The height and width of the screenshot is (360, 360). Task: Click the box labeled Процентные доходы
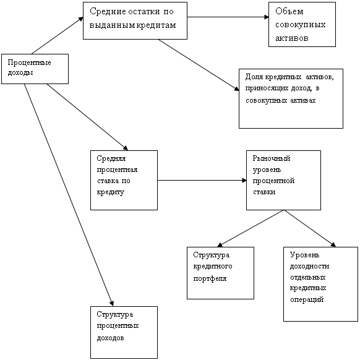[x=35, y=69]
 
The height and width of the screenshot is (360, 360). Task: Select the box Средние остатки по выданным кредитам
[x=135, y=20]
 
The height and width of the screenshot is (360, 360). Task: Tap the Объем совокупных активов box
[x=302, y=24]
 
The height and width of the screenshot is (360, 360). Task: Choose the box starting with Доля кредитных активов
[x=291, y=98]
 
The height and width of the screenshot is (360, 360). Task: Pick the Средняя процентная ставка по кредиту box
[x=124, y=180]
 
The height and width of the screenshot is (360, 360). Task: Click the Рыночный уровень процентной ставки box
[x=283, y=180]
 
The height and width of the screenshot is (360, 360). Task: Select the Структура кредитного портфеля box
[x=220, y=273]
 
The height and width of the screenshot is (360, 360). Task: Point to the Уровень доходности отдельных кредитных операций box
[x=321, y=284]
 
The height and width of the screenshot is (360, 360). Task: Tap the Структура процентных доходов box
[x=124, y=332]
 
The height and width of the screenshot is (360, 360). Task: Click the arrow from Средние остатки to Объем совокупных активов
[x=228, y=17]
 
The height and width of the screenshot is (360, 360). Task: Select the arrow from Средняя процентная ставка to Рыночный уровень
[x=202, y=180]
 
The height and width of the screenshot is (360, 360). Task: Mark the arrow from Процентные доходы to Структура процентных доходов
[x=69, y=195]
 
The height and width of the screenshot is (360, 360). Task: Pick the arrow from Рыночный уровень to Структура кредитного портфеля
[x=251, y=228]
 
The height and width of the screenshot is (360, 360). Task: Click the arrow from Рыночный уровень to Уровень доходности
[x=310, y=228]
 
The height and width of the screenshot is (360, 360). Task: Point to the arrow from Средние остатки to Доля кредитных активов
[x=199, y=65]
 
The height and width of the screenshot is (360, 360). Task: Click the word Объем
[x=289, y=11]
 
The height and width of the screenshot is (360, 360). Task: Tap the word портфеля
[x=210, y=278]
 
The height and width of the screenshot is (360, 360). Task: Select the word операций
[x=307, y=299]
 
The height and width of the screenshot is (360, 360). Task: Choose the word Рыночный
[x=272, y=158]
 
